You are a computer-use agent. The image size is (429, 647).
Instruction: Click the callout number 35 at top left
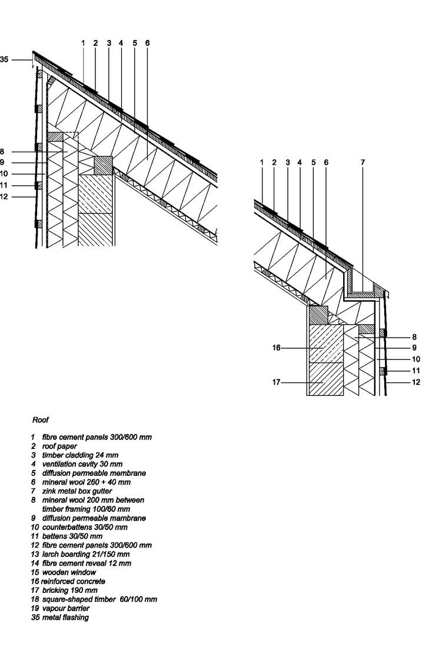(x=4, y=59)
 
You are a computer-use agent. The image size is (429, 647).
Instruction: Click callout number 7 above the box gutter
(x=363, y=162)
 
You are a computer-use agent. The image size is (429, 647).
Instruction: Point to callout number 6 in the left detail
(x=147, y=43)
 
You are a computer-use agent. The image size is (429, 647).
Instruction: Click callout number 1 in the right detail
(x=261, y=162)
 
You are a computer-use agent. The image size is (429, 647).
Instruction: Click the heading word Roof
(x=40, y=421)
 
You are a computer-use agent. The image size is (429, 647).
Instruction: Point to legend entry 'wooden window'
(x=68, y=572)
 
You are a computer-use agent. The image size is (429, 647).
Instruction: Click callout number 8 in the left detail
(x=2, y=151)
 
